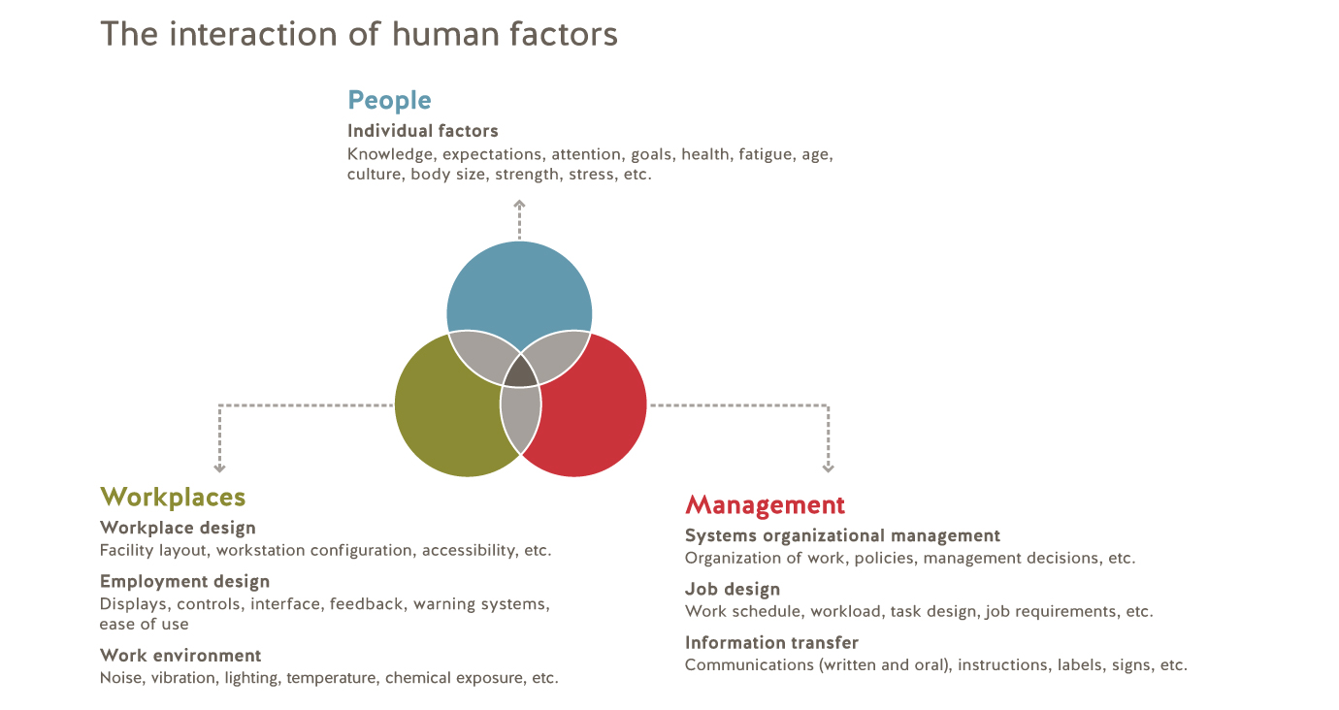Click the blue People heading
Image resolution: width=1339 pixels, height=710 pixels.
[x=389, y=101]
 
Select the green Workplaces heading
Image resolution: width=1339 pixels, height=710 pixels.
[x=173, y=498]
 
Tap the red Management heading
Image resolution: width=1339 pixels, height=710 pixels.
[x=765, y=505]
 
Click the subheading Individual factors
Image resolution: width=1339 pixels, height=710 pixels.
[x=423, y=131]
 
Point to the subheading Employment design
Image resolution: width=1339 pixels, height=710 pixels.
[x=184, y=582]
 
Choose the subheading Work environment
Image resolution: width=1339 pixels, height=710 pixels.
[x=180, y=656]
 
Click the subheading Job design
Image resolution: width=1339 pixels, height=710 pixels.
[x=733, y=590]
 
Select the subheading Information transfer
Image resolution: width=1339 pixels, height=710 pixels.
[x=771, y=642]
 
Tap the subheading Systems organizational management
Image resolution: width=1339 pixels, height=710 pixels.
[x=842, y=535]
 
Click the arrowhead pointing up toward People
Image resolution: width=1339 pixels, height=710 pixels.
[x=519, y=204]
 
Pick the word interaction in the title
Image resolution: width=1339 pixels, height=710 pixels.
[x=253, y=34]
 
